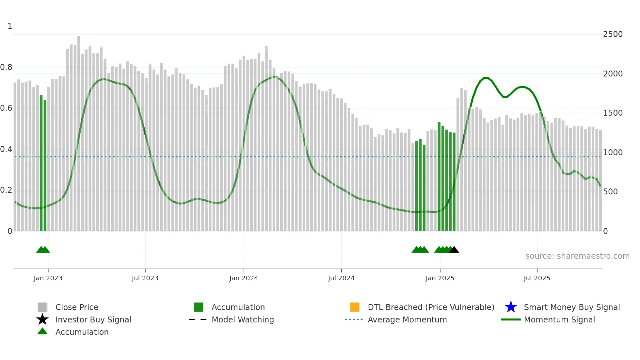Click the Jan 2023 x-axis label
[x=48, y=278]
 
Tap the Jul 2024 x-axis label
[x=341, y=278]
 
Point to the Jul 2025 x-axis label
[x=536, y=278]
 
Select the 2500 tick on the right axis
[x=613, y=34]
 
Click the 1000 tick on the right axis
[x=613, y=153]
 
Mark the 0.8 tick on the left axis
[x=6, y=67]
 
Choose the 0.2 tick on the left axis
[x=6, y=190]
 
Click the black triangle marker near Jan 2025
[x=454, y=250]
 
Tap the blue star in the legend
[x=511, y=307]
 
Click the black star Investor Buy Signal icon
[x=42, y=319]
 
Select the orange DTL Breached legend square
[x=355, y=307]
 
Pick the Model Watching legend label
[x=243, y=319]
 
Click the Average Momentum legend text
[x=407, y=319]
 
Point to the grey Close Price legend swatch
[x=42, y=307]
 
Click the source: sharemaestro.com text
[x=577, y=256]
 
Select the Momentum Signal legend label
[x=559, y=319]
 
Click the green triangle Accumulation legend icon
[x=42, y=331]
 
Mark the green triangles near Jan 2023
[x=43, y=250]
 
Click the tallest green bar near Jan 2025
[x=439, y=176]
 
